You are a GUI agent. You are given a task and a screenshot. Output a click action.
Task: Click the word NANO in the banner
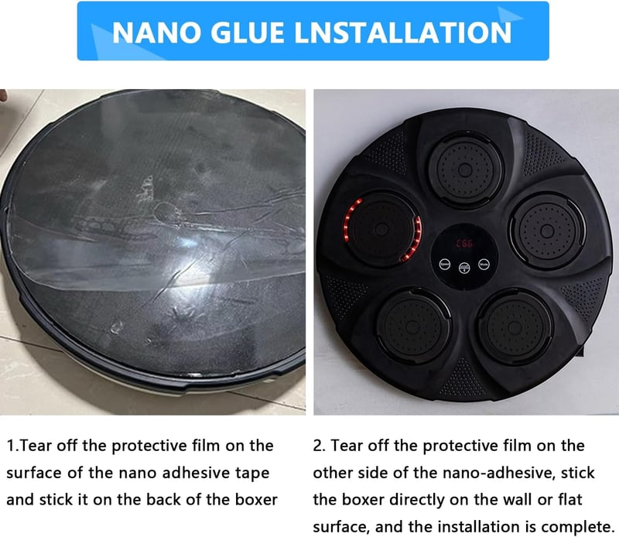tap(156, 32)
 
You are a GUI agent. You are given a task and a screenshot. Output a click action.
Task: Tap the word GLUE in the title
tap(248, 32)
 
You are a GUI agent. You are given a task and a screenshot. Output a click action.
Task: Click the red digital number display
tap(465, 243)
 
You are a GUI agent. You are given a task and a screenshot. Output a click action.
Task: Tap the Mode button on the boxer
tap(484, 264)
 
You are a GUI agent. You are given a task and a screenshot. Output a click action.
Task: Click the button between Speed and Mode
tap(464, 268)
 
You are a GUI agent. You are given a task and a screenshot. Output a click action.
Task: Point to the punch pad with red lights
tap(381, 229)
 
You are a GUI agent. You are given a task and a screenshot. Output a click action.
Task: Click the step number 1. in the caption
tap(12, 446)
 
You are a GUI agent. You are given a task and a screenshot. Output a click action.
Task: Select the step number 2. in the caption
tap(319, 446)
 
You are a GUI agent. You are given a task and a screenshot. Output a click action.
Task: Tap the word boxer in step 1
tap(257, 500)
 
